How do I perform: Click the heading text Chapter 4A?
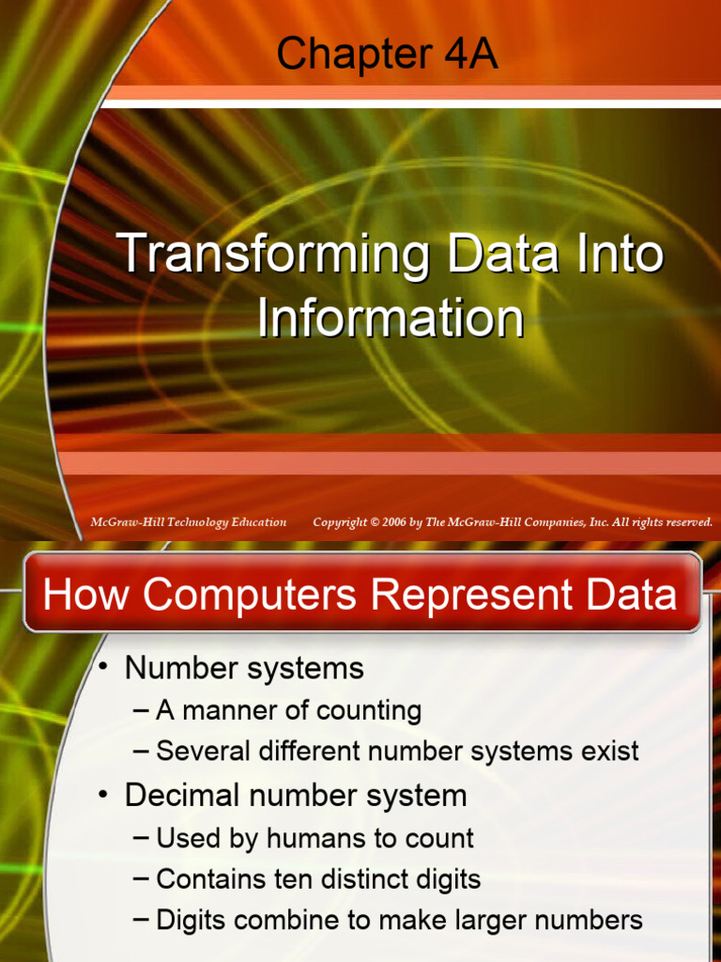(x=387, y=55)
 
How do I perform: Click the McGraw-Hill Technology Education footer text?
(x=189, y=522)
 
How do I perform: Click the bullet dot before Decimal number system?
(x=105, y=796)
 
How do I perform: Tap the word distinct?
(x=348, y=879)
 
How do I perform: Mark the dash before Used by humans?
(x=142, y=838)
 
